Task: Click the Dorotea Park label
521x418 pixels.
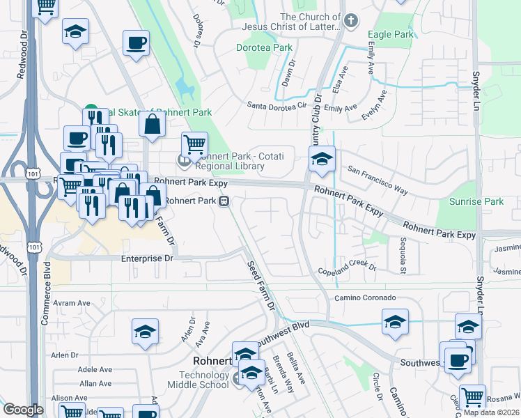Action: tap(264, 48)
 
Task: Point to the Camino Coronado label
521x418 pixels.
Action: tap(365, 297)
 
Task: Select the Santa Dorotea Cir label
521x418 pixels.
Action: tap(277, 106)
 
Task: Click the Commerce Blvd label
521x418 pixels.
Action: tap(46, 288)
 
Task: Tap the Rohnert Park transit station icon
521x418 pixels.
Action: tap(224, 201)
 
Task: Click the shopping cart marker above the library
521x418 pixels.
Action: tap(194, 144)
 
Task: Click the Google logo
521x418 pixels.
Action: tap(23, 410)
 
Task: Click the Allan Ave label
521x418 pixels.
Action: tap(95, 383)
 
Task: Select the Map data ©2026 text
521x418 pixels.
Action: tap(490, 412)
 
